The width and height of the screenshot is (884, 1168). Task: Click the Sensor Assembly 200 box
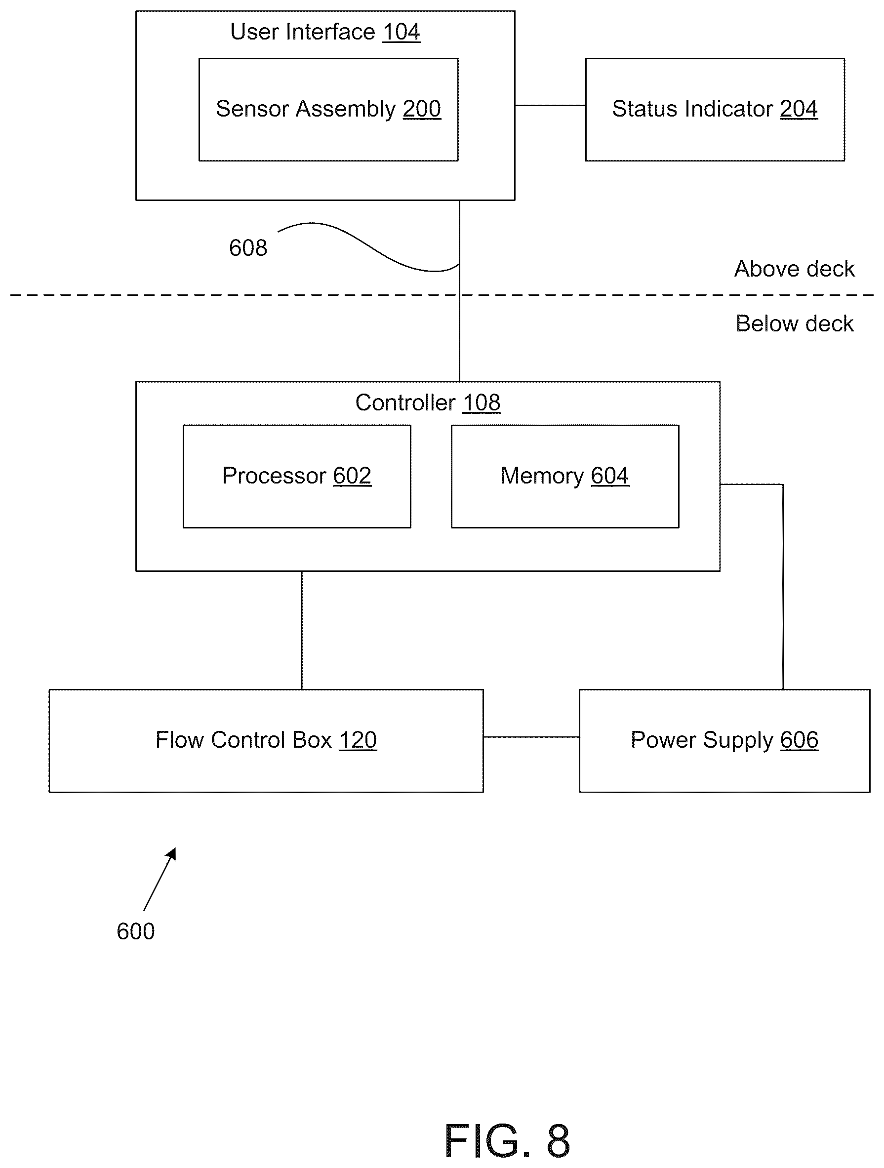[328, 109]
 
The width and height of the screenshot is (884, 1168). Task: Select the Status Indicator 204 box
[715, 109]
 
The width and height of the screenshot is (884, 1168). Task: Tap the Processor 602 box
[297, 476]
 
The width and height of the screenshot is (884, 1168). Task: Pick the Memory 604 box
[565, 476]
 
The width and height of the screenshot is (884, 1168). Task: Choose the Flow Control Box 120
[266, 740]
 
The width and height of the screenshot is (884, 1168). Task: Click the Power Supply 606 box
[724, 740]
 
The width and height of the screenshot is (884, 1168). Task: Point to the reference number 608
[248, 247]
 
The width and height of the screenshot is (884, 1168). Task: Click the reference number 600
[136, 931]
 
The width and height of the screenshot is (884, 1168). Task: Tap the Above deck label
[794, 269]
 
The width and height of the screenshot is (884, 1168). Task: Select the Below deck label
[794, 323]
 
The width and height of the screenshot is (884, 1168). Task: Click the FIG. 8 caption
[507, 1140]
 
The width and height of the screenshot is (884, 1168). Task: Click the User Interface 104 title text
[325, 32]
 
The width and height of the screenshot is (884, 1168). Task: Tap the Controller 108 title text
[428, 403]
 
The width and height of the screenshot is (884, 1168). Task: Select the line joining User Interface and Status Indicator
[550, 106]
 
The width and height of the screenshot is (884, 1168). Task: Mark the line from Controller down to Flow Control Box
[302, 630]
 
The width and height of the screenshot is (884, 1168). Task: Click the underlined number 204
[799, 109]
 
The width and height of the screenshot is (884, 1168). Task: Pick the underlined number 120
[358, 740]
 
